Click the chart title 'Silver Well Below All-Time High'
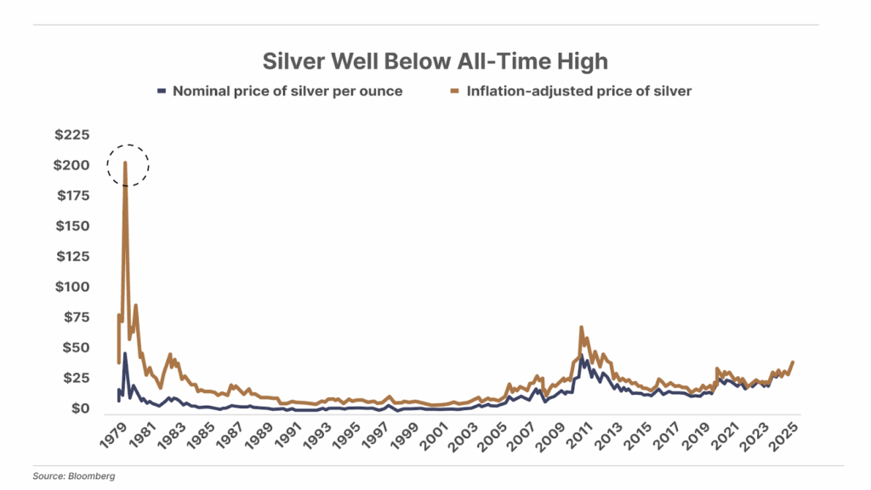coord(435,61)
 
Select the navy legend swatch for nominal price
coord(162,91)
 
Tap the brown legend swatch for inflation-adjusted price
coord(455,91)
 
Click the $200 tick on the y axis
coord(71,164)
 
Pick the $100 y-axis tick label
coord(71,287)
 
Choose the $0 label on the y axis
coord(77,408)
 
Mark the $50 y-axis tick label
coord(74,347)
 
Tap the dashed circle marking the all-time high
coord(128,165)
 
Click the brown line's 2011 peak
coord(581,327)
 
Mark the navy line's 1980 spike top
coord(125,353)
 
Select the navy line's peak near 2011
coord(582,356)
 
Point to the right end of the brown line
coord(793,362)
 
